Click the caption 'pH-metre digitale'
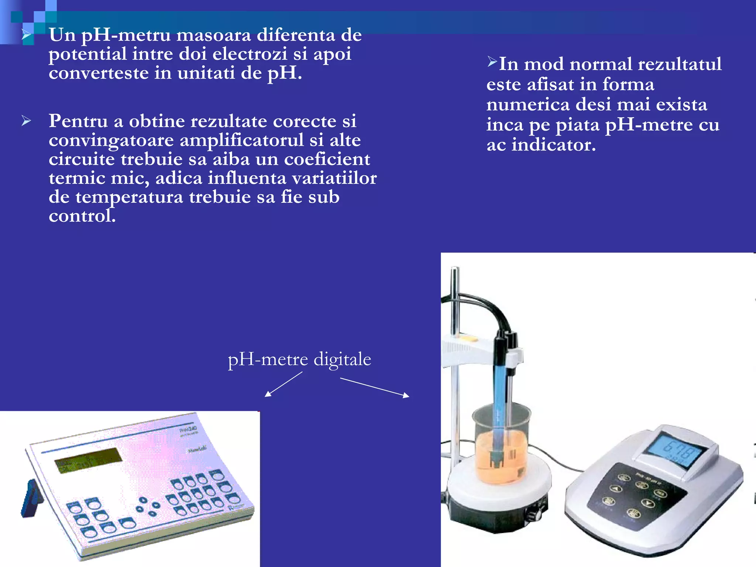pyautogui.click(x=299, y=359)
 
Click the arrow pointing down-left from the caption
pyautogui.click(x=283, y=384)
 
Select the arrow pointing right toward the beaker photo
pyautogui.click(x=374, y=387)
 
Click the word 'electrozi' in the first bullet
pyautogui.click(x=250, y=54)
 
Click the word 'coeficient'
pyautogui.click(x=327, y=159)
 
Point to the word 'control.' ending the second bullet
pyautogui.click(x=82, y=216)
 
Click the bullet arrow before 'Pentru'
pyautogui.click(x=26, y=121)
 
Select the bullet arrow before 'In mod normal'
pyautogui.click(x=492, y=62)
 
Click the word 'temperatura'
pyautogui.click(x=129, y=197)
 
